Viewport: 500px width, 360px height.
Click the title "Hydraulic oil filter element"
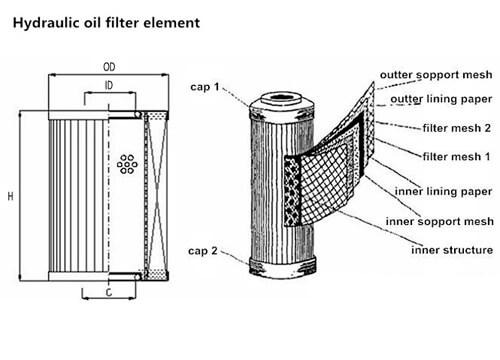point(106,23)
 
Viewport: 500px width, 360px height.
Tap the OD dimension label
point(109,67)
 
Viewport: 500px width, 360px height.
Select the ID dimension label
point(109,86)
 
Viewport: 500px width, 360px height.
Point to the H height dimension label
point(11,196)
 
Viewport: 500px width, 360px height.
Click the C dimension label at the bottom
point(109,293)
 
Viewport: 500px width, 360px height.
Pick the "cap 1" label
point(205,87)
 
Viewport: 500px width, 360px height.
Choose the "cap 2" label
point(203,251)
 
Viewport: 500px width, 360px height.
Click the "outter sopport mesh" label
point(436,75)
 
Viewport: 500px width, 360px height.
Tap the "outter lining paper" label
point(441,99)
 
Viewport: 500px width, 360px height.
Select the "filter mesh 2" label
point(457,128)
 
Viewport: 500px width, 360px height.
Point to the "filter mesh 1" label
point(456,156)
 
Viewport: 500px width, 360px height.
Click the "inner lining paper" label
point(443,191)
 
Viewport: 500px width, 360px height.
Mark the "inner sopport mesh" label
point(439,221)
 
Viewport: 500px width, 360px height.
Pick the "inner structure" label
point(452,250)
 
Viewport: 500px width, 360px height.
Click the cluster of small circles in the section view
point(127,164)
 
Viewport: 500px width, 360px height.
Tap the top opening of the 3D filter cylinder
point(282,98)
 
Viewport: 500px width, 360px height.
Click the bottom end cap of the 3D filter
point(283,268)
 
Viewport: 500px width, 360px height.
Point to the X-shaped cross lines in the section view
point(157,195)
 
